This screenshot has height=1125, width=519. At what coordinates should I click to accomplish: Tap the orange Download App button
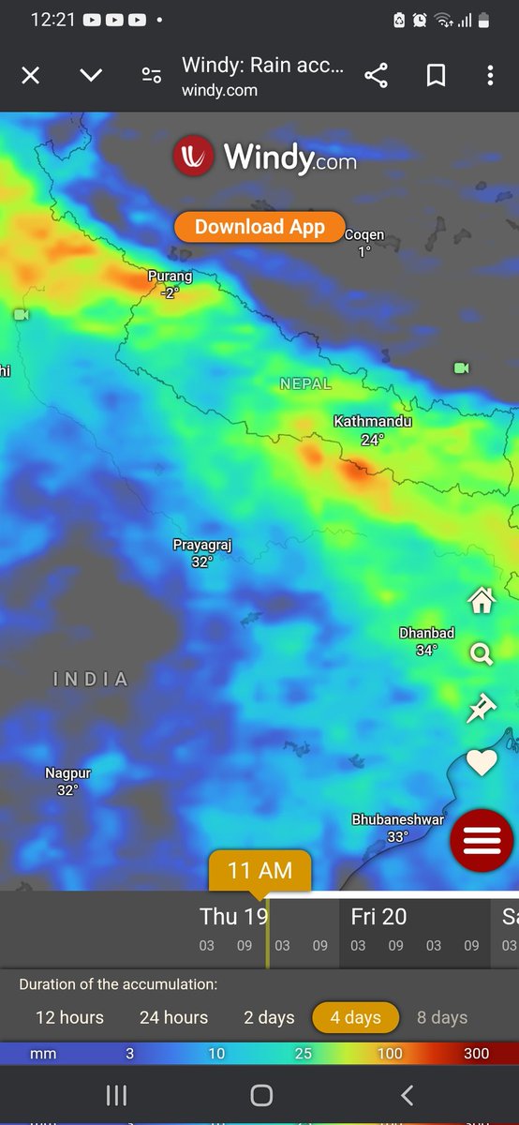(x=259, y=227)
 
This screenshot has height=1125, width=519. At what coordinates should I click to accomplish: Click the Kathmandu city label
(x=373, y=422)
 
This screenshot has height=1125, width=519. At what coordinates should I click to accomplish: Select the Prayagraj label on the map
(x=201, y=545)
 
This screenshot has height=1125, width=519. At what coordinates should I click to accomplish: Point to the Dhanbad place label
(x=426, y=633)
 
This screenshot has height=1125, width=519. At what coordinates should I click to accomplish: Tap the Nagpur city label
(x=68, y=773)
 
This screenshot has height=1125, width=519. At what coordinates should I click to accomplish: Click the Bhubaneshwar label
(x=397, y=819)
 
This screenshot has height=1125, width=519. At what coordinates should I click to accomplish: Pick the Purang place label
(x=170, y=277)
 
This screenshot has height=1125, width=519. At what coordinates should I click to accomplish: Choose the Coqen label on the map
(x=364, y=234)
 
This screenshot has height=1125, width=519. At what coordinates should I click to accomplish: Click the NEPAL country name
(x=305, y=383)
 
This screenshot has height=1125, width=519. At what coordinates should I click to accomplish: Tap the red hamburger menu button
(x=482, y=841)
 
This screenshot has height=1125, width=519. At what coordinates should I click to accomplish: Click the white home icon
(x=482, y=601)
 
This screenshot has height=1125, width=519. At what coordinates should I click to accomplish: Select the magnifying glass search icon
(x=482, y=654)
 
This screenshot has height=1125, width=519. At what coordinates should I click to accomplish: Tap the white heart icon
(x=482, y=763)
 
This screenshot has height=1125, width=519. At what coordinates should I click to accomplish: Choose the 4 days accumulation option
(x=355, y=1017)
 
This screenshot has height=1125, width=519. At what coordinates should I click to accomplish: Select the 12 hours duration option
(x=69, y=1017)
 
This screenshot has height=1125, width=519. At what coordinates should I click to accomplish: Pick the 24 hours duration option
(x=173, y=1017)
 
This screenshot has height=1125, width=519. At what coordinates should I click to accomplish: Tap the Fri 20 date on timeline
(x=378, y=917)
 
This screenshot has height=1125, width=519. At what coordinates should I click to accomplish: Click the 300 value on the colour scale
(x=476, y=1054)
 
